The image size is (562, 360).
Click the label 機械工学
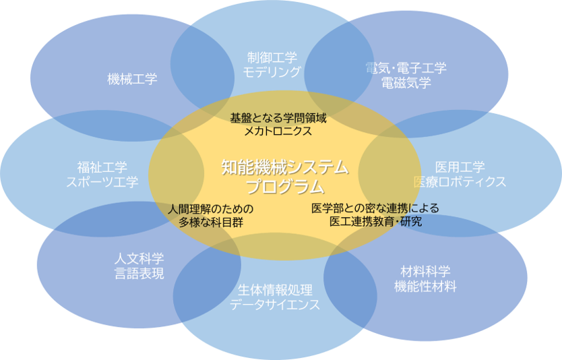tap(132, 79)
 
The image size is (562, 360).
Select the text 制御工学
tap(272, 57)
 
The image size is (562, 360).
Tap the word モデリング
tap(272, 71)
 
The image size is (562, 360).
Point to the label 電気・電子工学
tap(406, 68)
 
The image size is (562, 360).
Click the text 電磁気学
tap(406, 83)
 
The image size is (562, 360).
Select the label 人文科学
tap(139, 258)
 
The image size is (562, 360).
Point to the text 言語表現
tap(139, 273)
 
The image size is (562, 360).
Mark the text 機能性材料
tap(425, 286)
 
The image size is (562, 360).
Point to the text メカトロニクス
tap(278, 131)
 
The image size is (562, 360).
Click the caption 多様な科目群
tap(211, 222)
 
